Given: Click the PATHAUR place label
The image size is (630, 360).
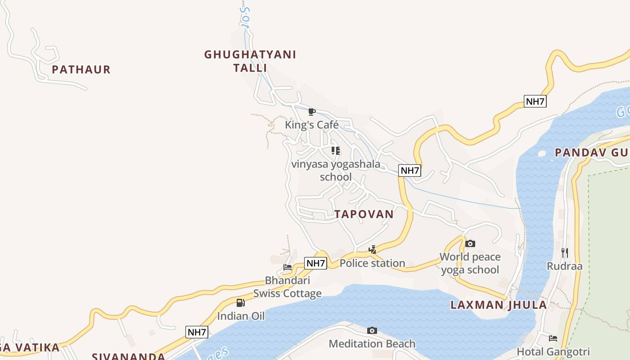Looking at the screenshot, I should [x=81, y=70].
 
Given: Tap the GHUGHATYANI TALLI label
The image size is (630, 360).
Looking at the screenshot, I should [x=250, y=61].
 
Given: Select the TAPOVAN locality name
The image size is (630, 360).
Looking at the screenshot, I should [x=364, y=214].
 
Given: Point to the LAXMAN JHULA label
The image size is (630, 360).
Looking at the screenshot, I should [x=499, y=305].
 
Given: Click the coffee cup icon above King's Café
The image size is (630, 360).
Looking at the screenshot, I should [x=311, y=112].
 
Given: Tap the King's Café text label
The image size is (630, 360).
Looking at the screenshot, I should [x=311, y=125].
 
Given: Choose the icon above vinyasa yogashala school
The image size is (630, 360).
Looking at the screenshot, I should [x=336, y=151].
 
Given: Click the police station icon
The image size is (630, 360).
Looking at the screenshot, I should [x=373, y=250].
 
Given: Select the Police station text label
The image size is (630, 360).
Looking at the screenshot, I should [x=373, y=263].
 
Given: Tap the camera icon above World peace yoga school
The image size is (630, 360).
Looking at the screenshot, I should [x=470, y=243].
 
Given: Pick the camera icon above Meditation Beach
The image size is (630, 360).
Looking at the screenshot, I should [x=372, y=331].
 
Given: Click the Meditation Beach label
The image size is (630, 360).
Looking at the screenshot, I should [x=372, y=344].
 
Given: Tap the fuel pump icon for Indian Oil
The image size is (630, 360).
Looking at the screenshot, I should [x=241, y=303].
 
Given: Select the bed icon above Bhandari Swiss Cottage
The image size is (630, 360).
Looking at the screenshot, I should [x=288, y=267].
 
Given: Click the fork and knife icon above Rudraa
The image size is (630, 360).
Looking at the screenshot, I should [x=565, y=252].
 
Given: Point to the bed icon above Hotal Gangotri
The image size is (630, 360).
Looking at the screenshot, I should [x=553, y=338].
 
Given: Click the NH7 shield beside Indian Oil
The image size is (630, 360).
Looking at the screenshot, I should [x=197, y=333].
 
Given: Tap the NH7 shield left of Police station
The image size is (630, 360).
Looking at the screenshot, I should [x=315, y=263].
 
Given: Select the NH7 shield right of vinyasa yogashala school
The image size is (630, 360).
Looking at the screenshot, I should [x=409, y=171].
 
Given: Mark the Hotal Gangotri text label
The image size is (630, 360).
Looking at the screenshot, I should [x=553, y=352].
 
